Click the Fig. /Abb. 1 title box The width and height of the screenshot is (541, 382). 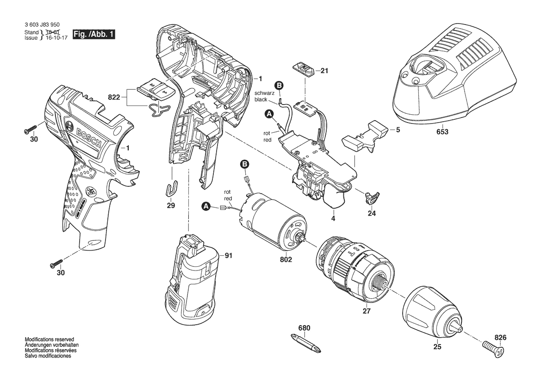(93, 34)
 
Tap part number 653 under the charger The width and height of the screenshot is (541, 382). (442, 132)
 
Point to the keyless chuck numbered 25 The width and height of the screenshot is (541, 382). (433, 312)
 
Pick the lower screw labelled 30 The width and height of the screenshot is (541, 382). (56, 264)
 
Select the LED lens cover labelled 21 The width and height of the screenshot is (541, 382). (305, 68)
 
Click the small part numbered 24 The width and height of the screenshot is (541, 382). (371, 197)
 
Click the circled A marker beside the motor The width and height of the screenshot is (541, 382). (206, 206)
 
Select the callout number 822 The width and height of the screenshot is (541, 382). (114, 97)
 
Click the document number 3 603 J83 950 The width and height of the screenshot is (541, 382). (42, 25)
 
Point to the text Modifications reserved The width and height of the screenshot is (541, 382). (50, 339)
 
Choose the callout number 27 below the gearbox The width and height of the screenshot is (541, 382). (367, 311)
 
